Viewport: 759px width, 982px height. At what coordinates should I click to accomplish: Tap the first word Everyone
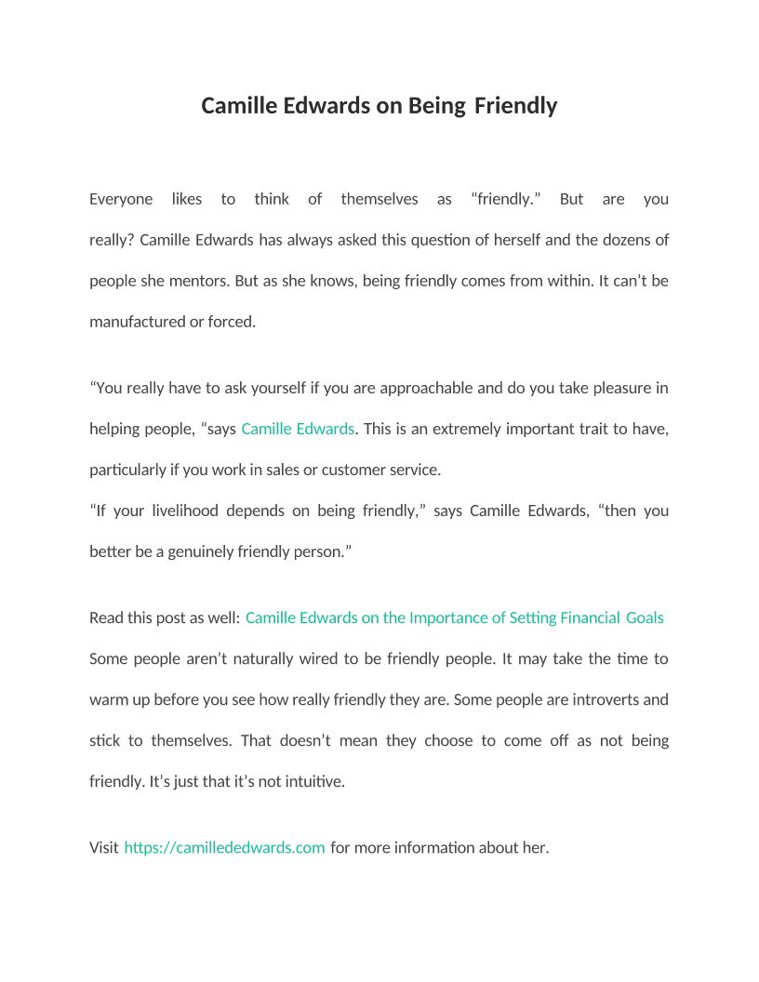[x=121, y=199]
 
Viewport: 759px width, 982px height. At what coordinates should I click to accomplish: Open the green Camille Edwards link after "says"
[x=298, y=429]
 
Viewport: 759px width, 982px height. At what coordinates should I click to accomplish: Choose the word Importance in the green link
[x=446, y=617]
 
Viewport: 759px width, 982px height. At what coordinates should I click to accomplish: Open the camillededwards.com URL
[x=224, y=847]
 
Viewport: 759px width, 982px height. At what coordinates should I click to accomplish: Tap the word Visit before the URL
[x=104, y=847]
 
